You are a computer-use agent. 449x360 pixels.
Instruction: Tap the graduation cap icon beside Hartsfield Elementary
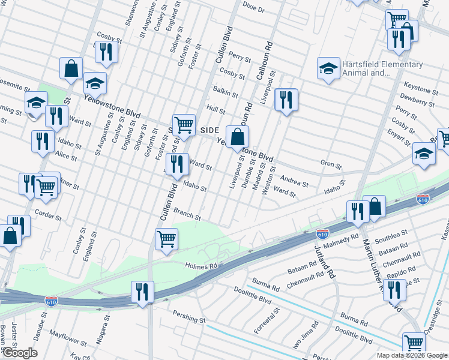(328, 69)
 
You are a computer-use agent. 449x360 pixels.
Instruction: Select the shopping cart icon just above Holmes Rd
(167, 239)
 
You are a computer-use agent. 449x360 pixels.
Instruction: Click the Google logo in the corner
(19, 353)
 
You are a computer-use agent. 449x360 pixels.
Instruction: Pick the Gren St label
(330, 164)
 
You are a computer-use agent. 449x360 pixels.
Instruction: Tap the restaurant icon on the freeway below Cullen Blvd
(142, 292)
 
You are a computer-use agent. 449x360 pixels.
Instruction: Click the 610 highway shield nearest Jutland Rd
(322, 231)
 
